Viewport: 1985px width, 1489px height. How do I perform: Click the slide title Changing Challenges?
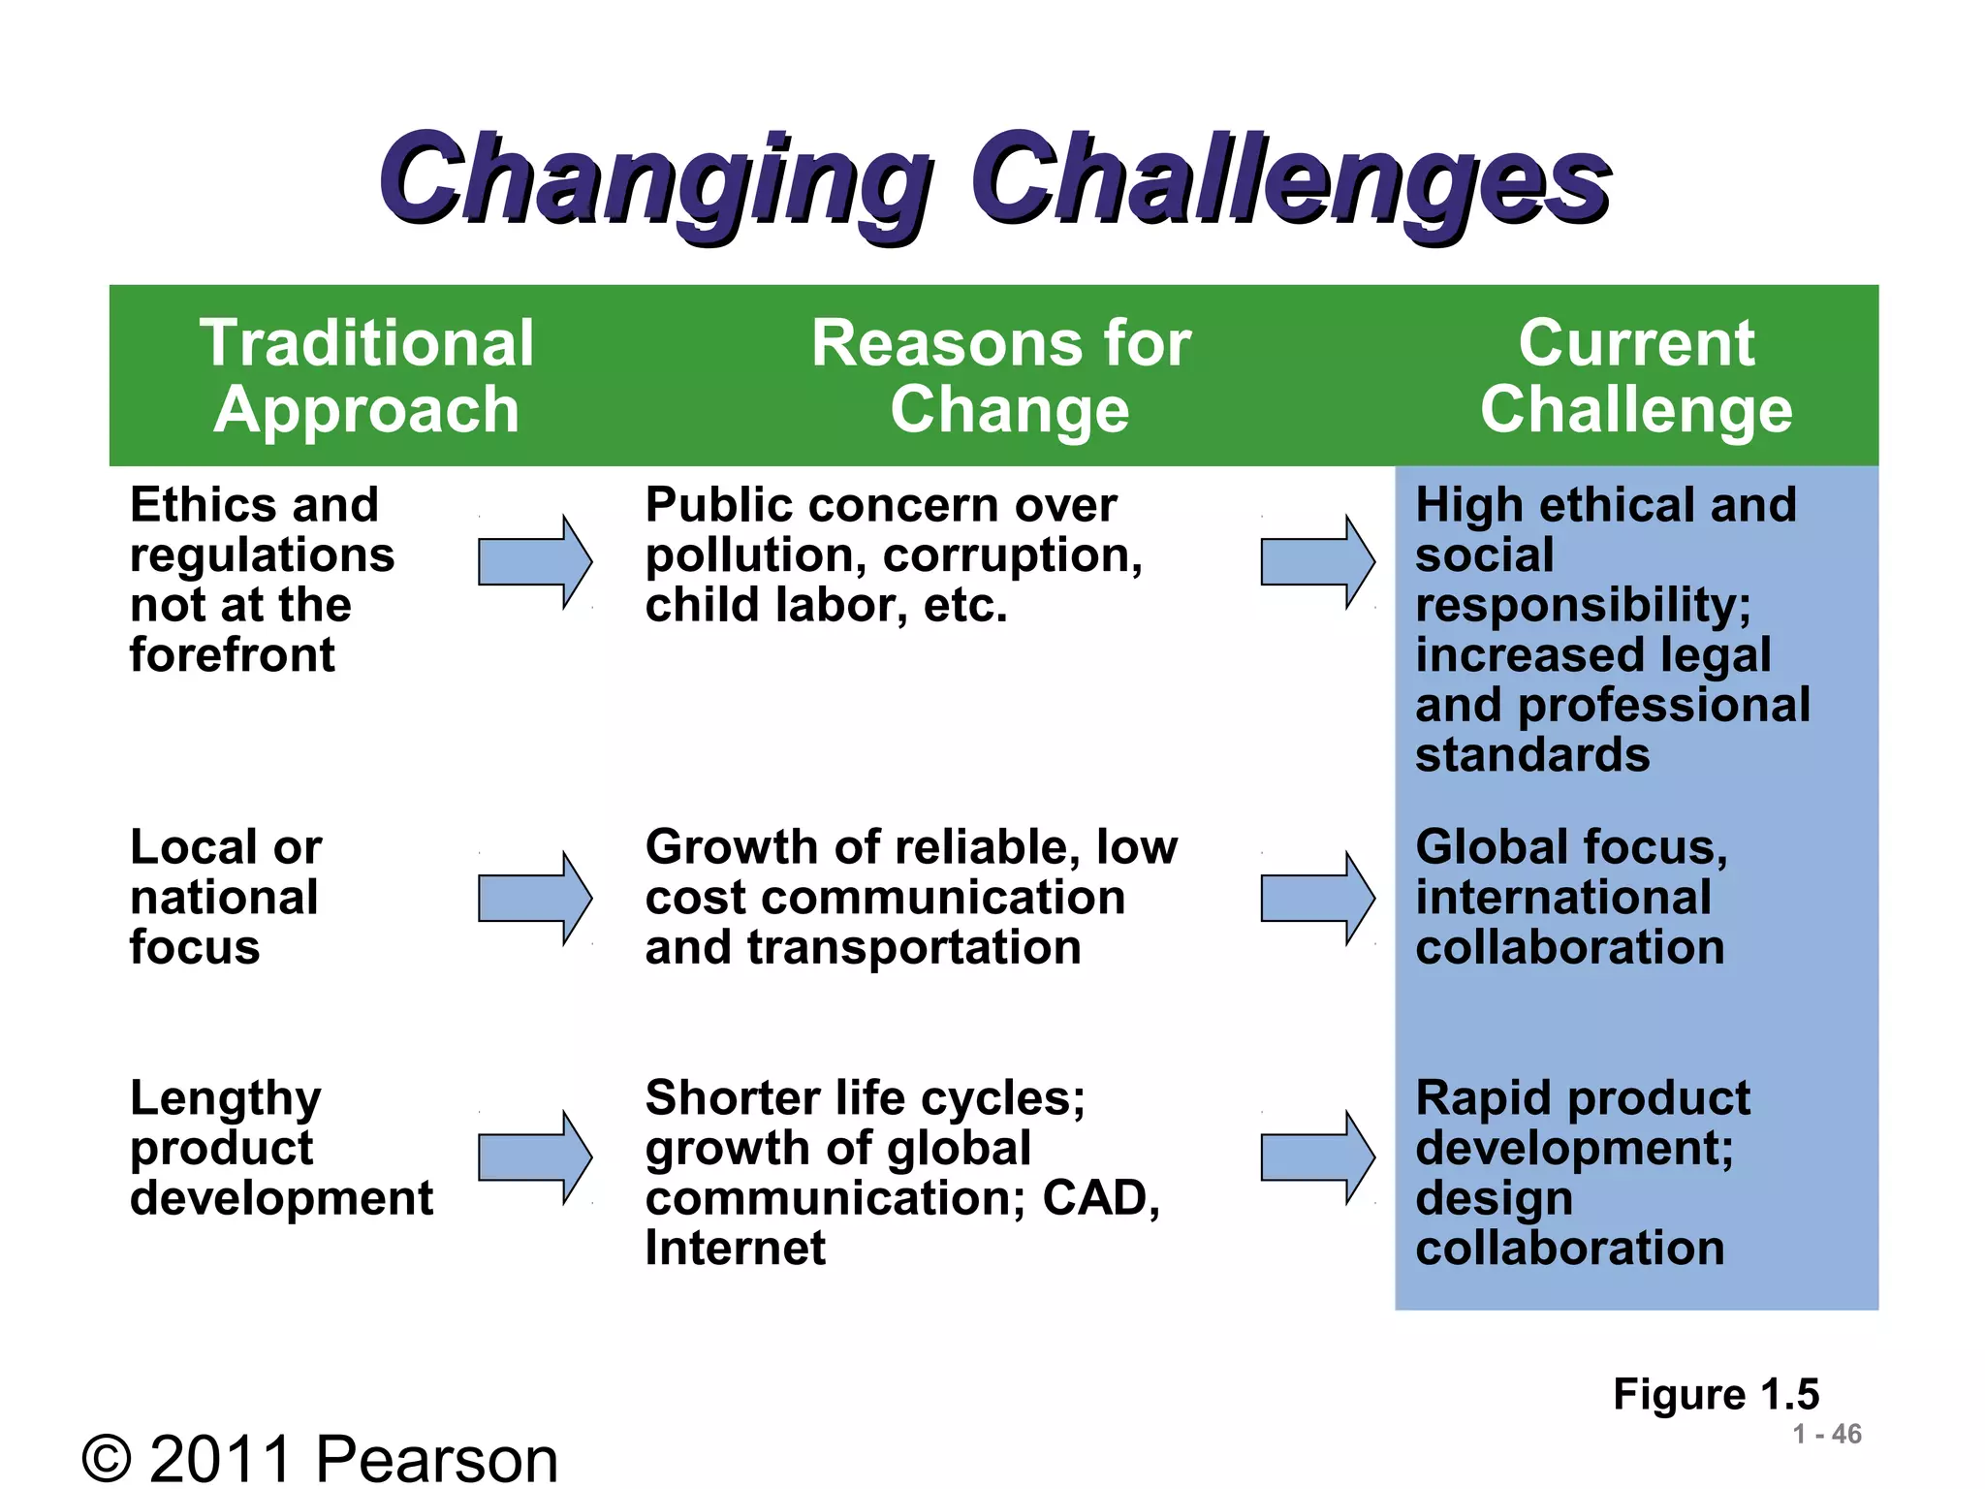coord(993,179)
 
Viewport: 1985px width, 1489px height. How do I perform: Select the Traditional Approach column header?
coord(366,376)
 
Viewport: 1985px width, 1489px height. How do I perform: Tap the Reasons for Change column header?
coord(1002,376)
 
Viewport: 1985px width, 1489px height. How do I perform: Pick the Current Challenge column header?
coord(1636,376)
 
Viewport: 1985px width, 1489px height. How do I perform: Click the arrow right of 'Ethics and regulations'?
coord(534,562)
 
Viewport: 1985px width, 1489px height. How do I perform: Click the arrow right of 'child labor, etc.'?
coord(1316,562)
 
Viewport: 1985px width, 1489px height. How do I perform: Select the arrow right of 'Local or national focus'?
coord(534,899)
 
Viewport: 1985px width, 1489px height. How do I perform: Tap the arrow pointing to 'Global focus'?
coord(1316,899)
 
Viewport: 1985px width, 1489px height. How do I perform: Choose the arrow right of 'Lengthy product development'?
coord(534,1157)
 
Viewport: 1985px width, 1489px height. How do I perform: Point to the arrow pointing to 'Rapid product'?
coord(1316,1157)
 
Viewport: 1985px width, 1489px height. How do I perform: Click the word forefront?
coord(232,655)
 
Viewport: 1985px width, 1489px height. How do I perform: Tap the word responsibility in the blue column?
coord(1582,606)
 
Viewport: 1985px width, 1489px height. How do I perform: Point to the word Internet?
coord(736,1248)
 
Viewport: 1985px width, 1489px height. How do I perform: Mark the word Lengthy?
coord(225,1099)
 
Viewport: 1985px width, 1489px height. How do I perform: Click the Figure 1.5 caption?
coord(1716,1394)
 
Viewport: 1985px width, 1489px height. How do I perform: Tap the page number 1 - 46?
coord(1826,1434)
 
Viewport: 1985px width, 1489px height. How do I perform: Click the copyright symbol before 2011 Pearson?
coord(107,1459)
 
